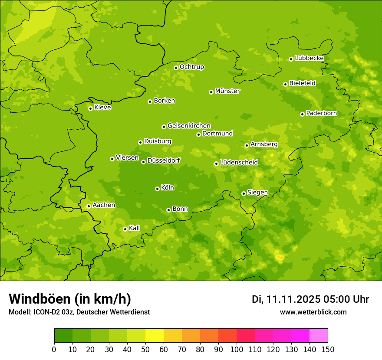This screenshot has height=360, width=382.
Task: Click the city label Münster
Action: pos(227,91)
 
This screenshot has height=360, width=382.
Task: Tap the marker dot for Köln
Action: pos(157,189)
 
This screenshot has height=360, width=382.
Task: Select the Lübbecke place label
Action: pos(309,58)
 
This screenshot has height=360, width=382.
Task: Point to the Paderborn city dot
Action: pos(302,114)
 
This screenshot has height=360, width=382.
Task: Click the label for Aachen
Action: pos(104,205)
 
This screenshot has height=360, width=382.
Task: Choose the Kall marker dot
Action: pos(125,229)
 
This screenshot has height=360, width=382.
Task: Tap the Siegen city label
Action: pos(257,193)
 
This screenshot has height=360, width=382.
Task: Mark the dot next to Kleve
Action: pos(90,108)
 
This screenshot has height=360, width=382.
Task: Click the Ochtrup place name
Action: pos(191,67)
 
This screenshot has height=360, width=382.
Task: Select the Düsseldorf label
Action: pos(164,160)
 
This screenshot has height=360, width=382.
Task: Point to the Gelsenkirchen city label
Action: pos(189,126)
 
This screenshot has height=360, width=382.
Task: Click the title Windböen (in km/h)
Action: pos(70,299)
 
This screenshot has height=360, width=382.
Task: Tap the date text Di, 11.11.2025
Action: pos(286,299)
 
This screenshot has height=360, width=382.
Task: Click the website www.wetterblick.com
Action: pos(313,312)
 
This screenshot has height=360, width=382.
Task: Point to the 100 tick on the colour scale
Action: pos(237,349)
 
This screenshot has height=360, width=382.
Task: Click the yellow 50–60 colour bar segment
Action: pos(155,335)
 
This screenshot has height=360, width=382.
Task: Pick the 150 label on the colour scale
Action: pos(328,349)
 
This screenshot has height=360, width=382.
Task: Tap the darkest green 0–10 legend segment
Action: pos(63,335)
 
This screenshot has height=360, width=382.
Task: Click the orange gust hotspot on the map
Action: pos(280,258)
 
